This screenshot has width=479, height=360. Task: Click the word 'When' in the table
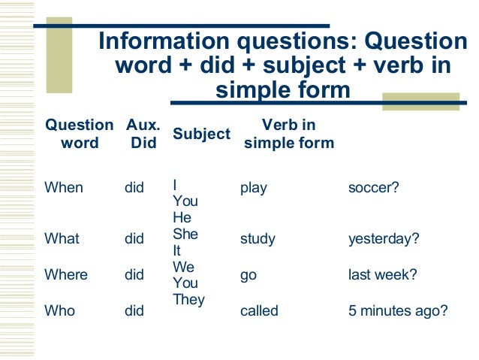[x=64, y=188]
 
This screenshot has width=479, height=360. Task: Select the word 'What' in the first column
[x=62, y=239]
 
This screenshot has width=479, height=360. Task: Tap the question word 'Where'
[x=65, y=275]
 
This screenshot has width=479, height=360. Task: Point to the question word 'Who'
[x=60, y=310]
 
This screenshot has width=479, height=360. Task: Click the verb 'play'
[x=253, y=188]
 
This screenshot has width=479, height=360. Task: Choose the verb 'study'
[x=258, y=240]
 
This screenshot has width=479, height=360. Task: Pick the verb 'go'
[x=248, y=276]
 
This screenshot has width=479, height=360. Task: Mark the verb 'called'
[x=259, y=310]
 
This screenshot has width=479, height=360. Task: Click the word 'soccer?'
[x=373, y=188]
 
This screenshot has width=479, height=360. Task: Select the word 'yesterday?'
[x=384, y=240]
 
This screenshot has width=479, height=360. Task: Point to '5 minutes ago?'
[x=397, y=310]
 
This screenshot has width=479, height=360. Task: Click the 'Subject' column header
[x=201, y=134]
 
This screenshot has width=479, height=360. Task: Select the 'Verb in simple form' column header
[x=289, y=133]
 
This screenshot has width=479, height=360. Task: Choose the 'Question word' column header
[x=80, y=133]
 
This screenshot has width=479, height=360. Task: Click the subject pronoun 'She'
[x=185, y=234]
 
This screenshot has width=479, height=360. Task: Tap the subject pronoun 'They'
[x=188, y=300]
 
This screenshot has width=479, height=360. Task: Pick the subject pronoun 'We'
[x=184, y=267]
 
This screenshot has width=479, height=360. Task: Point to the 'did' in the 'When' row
[x=134, y=188]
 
